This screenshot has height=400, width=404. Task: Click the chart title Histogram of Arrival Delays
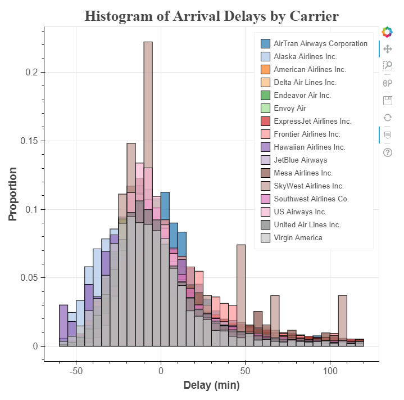coord(211,16)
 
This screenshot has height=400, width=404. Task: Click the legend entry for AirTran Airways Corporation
coord(320,43)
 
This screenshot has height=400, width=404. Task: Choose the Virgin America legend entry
coord(298,237)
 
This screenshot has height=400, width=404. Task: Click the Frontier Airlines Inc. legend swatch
coord(266,134)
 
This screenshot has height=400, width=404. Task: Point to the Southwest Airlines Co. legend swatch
coord(266,199)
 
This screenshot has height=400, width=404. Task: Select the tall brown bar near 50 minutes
coord(241,281)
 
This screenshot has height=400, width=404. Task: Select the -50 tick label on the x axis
coord(76,371)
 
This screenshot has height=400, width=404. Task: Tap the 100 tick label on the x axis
coord(330,371)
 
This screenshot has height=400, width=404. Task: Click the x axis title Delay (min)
coord(211,386)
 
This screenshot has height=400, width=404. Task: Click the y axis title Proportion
coord(12,194)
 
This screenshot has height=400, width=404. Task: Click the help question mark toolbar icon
coord(387,152)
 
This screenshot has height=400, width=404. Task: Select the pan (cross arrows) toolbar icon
coord(387,49)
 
